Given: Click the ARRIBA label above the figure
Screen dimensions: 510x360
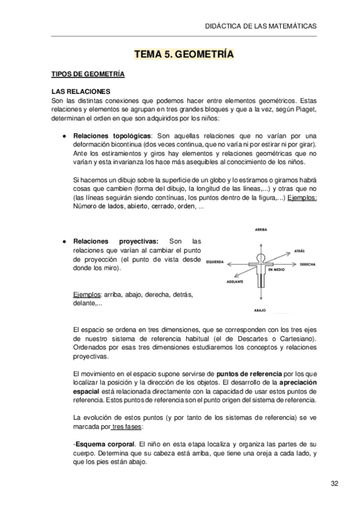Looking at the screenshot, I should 260,230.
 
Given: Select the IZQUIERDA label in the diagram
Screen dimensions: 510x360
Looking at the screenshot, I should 214,262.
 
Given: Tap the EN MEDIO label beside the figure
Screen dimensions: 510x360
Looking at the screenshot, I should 277,269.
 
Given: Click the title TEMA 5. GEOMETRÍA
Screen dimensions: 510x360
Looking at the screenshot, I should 183,55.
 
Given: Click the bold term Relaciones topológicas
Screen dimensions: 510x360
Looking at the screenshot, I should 112,136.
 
